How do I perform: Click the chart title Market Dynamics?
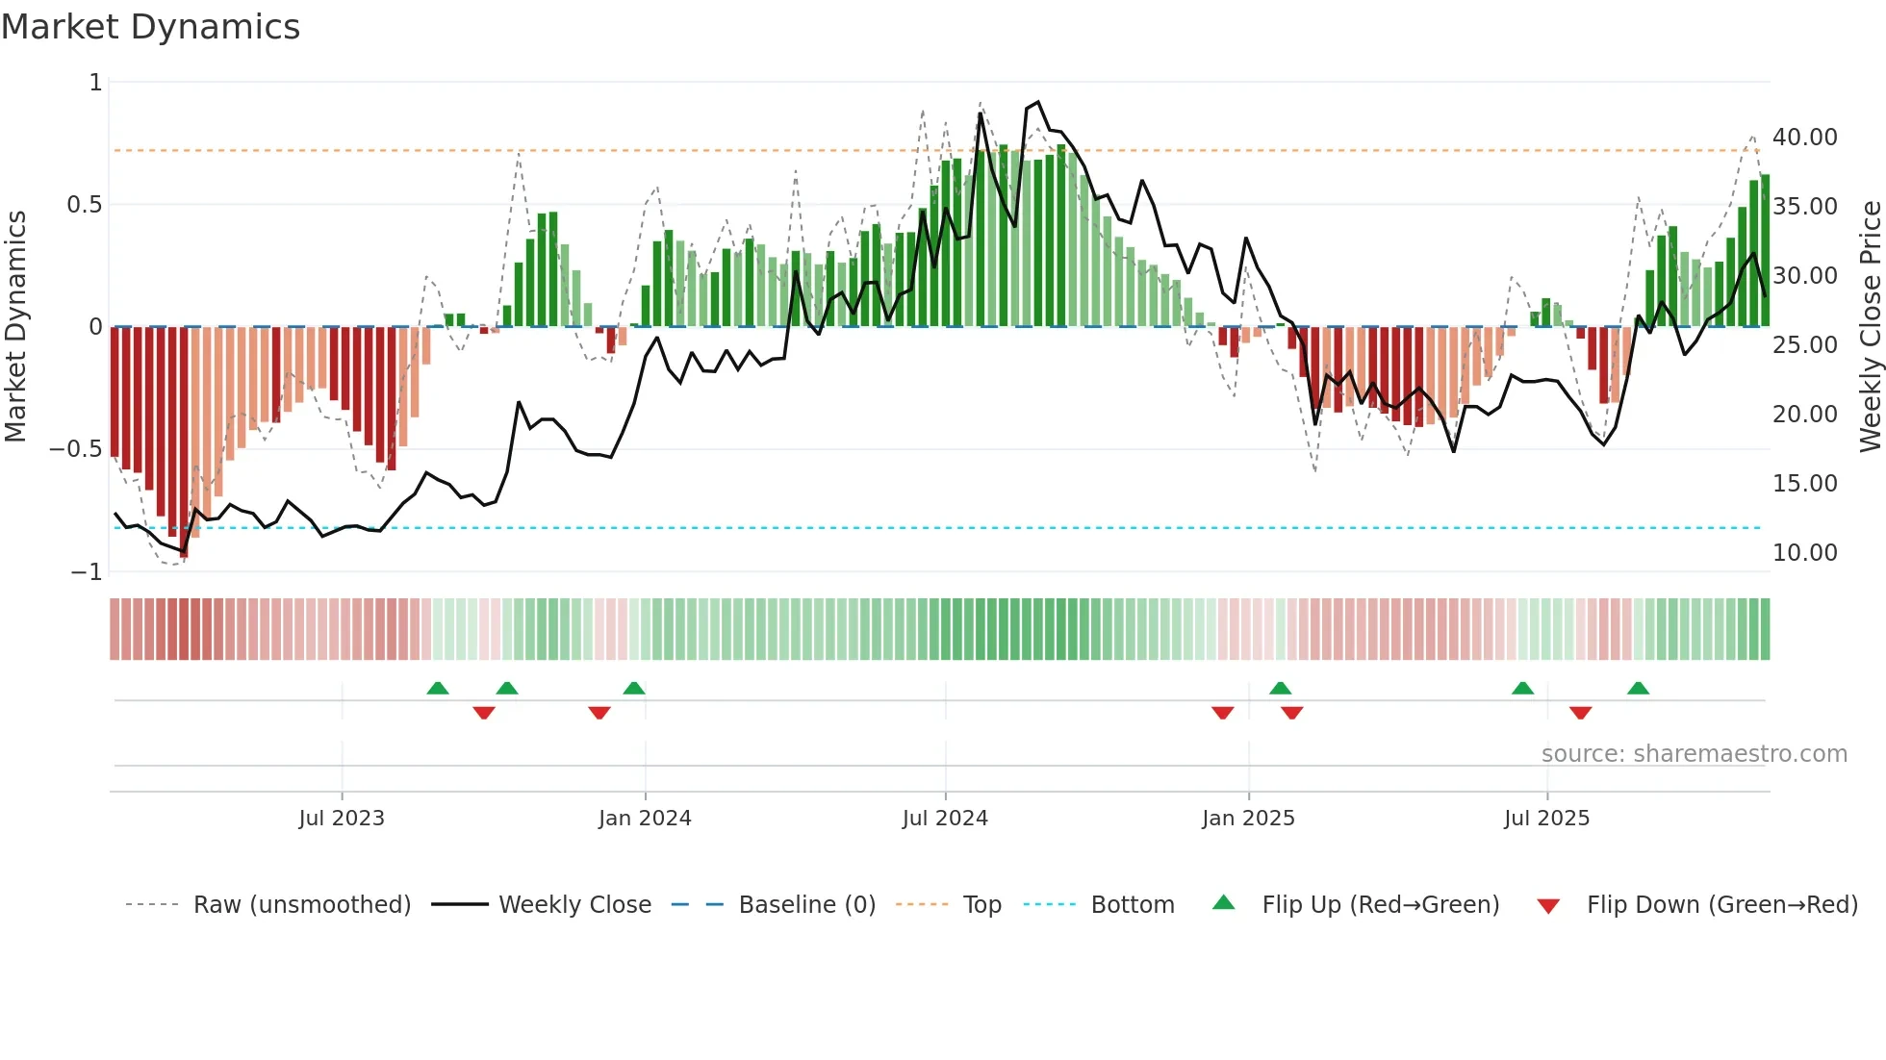[x=151, y=27]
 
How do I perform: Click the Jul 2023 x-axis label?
[x=342, y=819]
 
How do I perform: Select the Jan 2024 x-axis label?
[x=645, y=819]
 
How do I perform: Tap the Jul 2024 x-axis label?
[x=945, y=819]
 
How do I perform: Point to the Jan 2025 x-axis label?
[x=1248, y=819]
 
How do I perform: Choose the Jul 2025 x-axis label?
[x=1547, y=819]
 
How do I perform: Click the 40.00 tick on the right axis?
[x=1805, y=138]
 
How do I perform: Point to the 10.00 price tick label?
[x=1805, y=553]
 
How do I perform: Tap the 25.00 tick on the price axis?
[x=1805, y=345]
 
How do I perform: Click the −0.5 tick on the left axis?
[x=75, y=449]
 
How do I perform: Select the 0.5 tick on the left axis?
[x=84, y=205]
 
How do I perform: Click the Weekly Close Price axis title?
[x=1870, y=327]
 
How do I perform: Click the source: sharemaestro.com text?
[x=1694, y=754]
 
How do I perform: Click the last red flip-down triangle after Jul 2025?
[x=1580, y=713]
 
